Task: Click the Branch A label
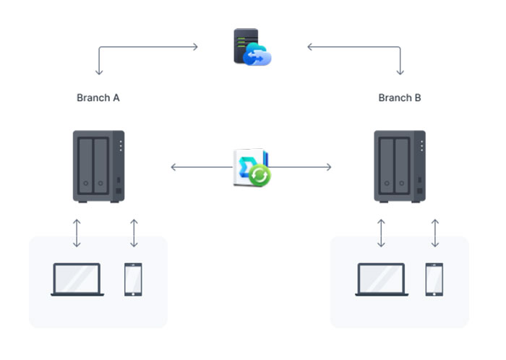[x=98, y=98]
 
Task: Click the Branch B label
[x=400, y=98]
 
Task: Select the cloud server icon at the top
[x=252, y=47]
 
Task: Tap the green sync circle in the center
[x=260, y=176]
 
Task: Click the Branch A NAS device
[x=99, y=166]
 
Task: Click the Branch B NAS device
[x=400, y=166]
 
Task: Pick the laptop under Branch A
[x=77, y=279]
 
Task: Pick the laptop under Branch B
[x=382, y=279]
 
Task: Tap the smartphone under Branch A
[x=133, y=279]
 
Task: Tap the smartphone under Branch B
[x=434, y=279]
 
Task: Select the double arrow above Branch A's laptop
[x=77, y=233]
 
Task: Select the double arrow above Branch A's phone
[x=134, y=233]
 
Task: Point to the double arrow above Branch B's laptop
[x=381, y=233]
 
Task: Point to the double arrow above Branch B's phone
[x=435, y=233]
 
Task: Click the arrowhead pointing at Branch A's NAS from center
[x=173, y=167]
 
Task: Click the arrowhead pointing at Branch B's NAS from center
[x=329, y=167]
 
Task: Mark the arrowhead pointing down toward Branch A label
[x=99, y=72]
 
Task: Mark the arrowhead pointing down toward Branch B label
[x=400, y=72]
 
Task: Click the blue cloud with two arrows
[x=257, y=55]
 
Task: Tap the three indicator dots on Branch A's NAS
[x=121, y=146]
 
